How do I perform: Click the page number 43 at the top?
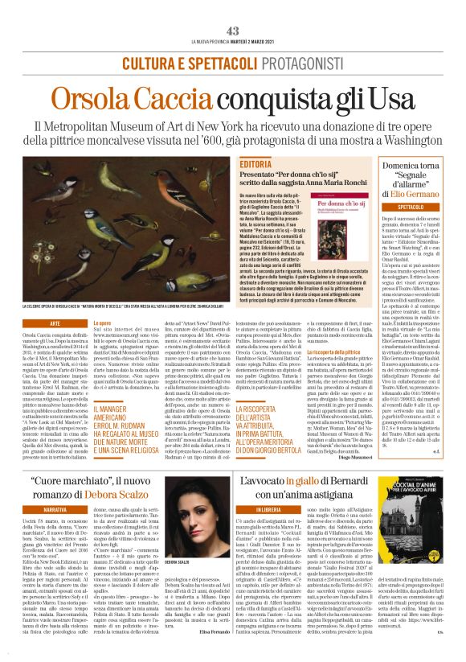(x=232, y=31)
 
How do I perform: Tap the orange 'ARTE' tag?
(x=55, y=323)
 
